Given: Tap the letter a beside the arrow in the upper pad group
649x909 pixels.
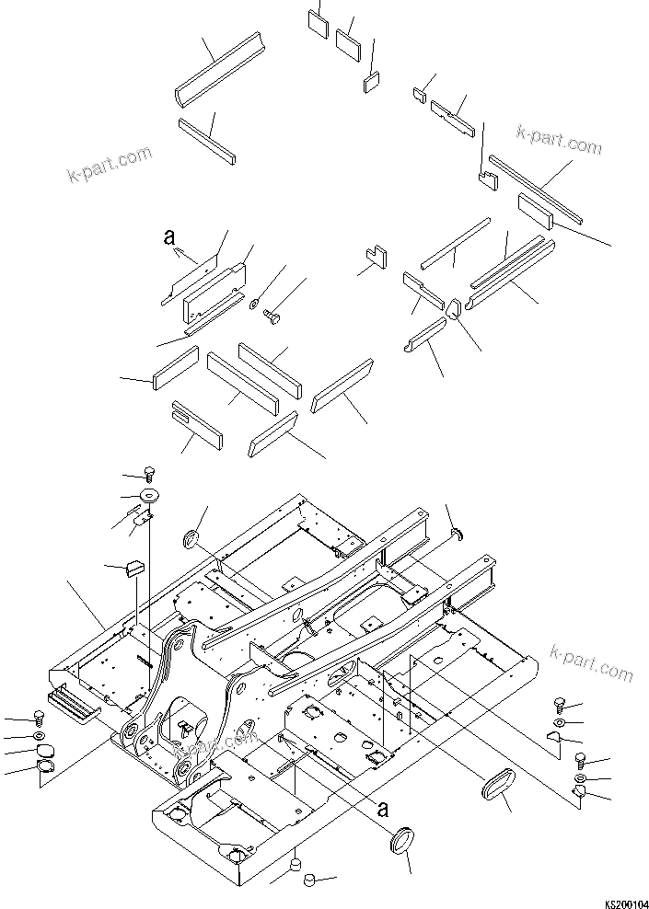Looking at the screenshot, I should click(x=168, y=236).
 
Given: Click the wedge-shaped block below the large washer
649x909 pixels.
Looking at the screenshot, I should click(x=135, y=568).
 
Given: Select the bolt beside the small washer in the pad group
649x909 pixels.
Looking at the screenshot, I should click(x=272, y=317).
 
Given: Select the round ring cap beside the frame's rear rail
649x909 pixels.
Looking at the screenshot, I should click(x=194, y=537).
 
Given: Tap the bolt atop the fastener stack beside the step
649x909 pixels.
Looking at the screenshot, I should click(x=37, y=718).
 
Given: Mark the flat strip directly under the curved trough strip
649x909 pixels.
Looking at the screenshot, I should click(x=207, y=139).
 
